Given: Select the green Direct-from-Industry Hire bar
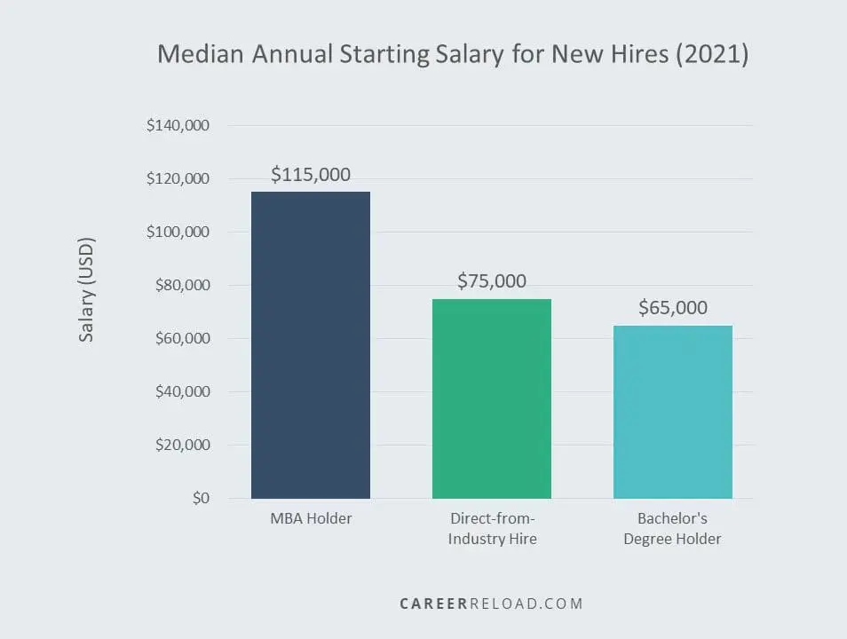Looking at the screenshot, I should (491, 398).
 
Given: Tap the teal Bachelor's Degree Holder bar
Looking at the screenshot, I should (672, 412).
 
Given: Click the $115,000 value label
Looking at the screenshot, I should (311, 175).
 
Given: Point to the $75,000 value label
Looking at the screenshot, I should (492, 281).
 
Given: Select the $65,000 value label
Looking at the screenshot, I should (673, 308).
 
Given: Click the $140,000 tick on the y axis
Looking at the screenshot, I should (178, 126).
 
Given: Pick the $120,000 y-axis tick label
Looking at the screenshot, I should (178, 179).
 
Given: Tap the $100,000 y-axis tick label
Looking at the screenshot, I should (178, 233).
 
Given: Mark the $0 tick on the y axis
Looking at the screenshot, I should (200, 499).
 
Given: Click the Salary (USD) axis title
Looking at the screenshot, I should (87, 289).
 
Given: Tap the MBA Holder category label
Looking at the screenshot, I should (311, 518).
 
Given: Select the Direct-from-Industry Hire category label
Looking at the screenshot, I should (492, 528).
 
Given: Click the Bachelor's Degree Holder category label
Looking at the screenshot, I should (673, 528).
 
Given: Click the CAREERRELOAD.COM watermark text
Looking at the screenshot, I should (491, 603).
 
